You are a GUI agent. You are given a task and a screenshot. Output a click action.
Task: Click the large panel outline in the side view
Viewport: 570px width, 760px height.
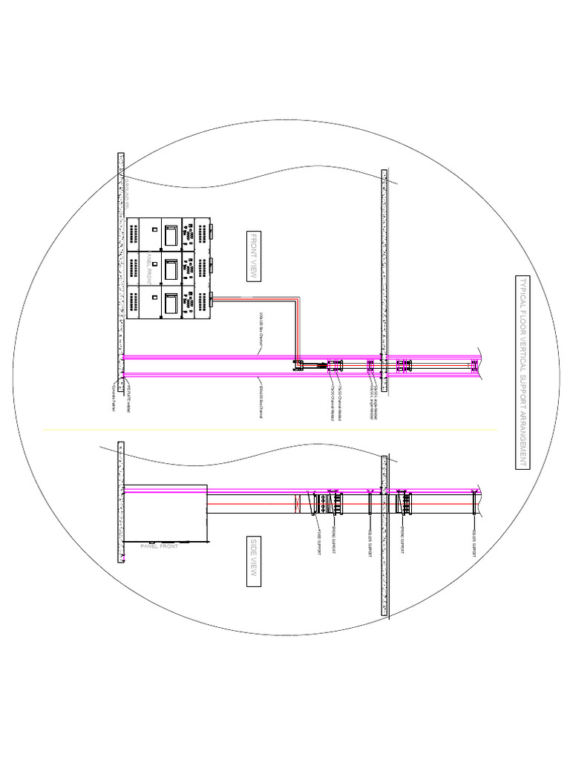165,512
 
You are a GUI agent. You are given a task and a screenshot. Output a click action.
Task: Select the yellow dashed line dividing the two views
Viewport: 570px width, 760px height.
267,429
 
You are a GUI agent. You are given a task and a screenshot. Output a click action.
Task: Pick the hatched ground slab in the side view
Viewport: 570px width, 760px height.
119,505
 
